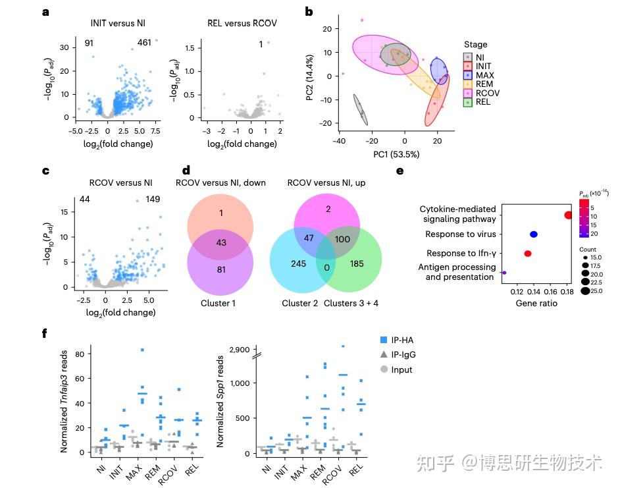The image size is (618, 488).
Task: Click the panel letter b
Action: pos(309,11)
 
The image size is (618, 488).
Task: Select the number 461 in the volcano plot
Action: pos(144,43)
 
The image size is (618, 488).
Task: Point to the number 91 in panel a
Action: pos(90,43)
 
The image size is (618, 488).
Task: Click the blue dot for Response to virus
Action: pos(534,234)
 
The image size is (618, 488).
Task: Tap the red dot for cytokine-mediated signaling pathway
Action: pos(568,215)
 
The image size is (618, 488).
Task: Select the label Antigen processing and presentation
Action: pos(457,272)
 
